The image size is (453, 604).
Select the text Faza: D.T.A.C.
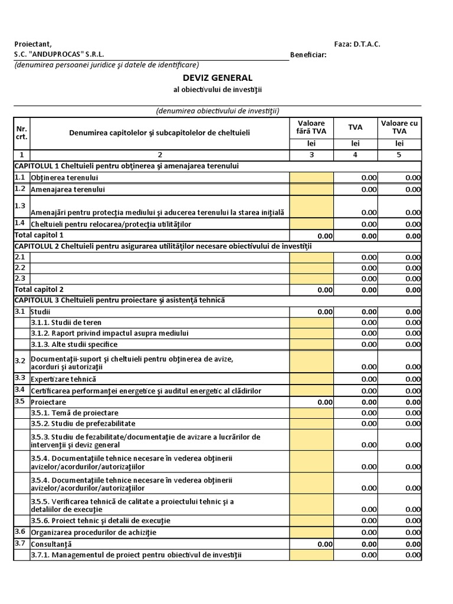(357, 44)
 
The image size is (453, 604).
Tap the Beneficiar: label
(308, 55)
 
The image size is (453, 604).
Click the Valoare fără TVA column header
(311, 127)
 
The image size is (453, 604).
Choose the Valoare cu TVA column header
(399, 127)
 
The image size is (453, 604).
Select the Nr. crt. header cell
(22, 133)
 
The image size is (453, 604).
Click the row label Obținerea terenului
(64, 178)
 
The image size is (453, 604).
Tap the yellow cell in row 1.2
(311, 189)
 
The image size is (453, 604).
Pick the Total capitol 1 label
(39, 235)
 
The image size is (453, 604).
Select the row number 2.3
(20, 278)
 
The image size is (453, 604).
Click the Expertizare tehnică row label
(63, 379)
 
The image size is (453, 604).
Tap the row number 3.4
(20, 390)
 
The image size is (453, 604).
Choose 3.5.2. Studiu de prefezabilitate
(83, 424)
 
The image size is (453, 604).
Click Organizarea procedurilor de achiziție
(94, 532)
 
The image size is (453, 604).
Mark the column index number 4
(355, 155)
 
